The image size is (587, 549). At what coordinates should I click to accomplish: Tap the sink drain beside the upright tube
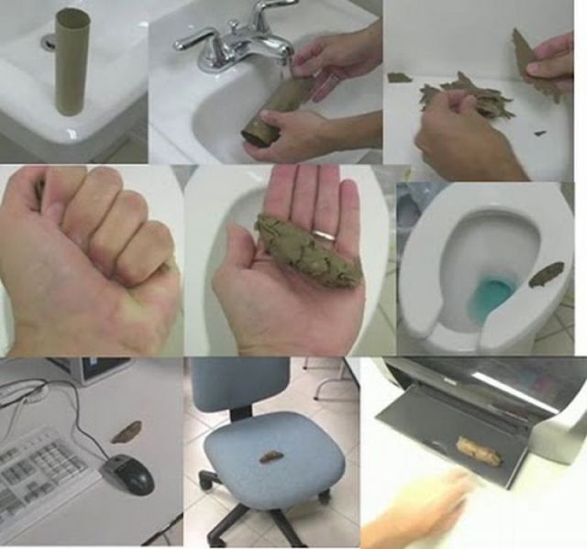pos(48,41)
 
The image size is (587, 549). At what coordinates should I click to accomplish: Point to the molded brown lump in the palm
pos(298,241)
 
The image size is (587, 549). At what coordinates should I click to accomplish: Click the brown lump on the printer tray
pos(478,448)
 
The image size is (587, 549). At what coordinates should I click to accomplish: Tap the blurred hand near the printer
pos(422,513)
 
